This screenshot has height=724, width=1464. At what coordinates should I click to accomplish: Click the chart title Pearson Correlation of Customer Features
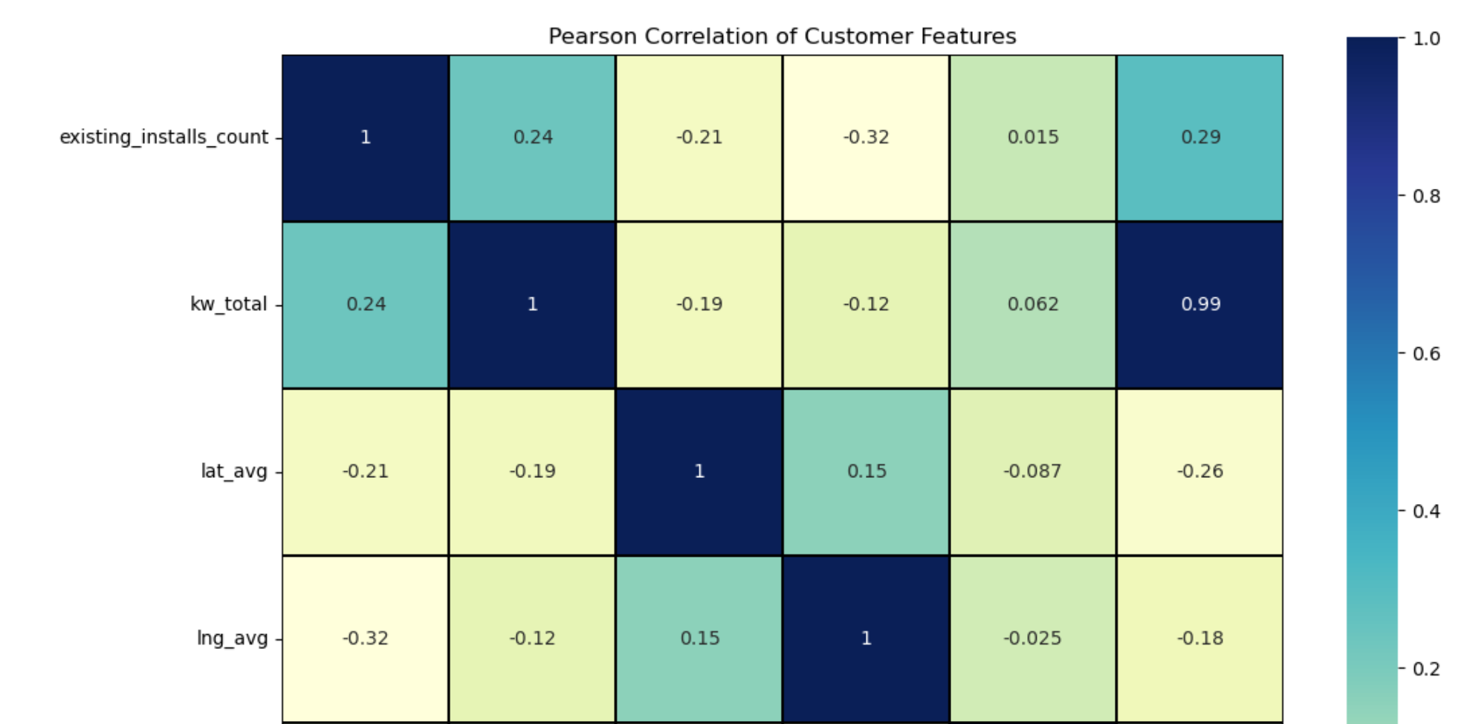[x=782, y=36]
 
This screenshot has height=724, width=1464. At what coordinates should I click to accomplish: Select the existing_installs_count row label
[x=163, y=138]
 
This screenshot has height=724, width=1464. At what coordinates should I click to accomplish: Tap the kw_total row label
[x=228, y=305]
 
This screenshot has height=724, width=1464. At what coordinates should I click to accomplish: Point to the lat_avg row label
[x=233, y=471]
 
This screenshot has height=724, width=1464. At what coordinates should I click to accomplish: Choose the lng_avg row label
[x=232, y=639]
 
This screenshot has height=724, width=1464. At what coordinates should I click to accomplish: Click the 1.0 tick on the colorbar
[x=1426, y=39]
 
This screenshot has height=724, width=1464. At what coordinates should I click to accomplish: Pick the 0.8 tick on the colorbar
[x=1426, y=196]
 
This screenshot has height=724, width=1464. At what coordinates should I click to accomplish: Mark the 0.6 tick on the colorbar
[x=1426, y=354]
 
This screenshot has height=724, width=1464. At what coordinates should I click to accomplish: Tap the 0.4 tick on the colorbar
[x=1426, y=511]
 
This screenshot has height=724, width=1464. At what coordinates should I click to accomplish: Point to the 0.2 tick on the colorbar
[x=1426, y=669]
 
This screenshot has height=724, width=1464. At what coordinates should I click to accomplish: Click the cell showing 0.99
[x=1200, y=305]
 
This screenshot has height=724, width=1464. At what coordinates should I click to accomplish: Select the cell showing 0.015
[x=1033, y=138]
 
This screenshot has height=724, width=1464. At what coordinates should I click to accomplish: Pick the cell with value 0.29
[x=1200, y=138]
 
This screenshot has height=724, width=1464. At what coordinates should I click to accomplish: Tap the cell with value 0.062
[x=1033, y=305]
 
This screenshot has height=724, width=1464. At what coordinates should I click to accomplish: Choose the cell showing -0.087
[x=1033, y=471]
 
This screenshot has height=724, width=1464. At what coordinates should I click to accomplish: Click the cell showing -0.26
[x=1200, y=471]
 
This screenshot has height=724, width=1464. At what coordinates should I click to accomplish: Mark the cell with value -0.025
[x=1033, y=639]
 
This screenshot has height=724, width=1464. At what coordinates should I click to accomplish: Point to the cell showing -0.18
[x=1200, y=639]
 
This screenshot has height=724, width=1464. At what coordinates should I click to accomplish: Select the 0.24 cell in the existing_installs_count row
[x=533, y=138]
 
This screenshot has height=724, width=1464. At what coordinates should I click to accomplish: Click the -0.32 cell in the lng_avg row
[x=366, y=639]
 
